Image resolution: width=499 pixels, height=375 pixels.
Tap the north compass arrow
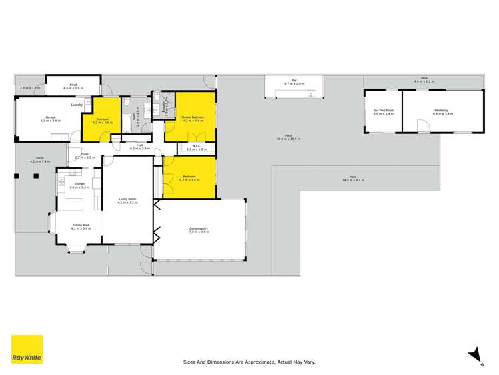(x=474, y=355)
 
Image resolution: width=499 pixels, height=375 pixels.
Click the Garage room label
(x=51, y=119)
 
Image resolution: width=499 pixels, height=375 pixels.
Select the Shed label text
(x=73, y=85)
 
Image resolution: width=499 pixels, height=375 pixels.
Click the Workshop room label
(x=442, y=111)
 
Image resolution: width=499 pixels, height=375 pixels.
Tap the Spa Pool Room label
(x=384, y=111)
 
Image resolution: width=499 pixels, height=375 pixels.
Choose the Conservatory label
(x=199, y=230)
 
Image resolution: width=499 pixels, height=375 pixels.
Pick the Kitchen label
(x=79, y=185)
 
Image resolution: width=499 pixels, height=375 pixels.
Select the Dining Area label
(x=81, y=226)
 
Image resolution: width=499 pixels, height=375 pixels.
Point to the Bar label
(x=294, y=82)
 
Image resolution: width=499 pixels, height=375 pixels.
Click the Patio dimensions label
(x=289, y=139)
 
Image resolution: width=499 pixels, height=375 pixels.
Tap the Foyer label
(x=85, y=155)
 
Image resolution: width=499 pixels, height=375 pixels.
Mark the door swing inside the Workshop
(x=422, y=127)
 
